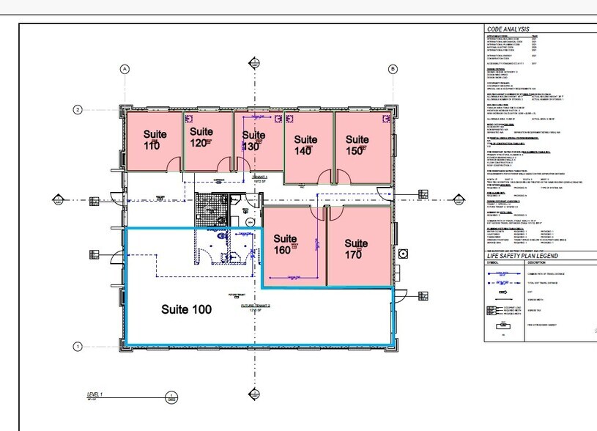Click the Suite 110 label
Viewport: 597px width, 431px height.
(x=155, y=140)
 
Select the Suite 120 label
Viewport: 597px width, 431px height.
(x=201, y=137)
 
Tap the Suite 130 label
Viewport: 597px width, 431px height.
(x=253, y=140)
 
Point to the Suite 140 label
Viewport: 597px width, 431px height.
(x=304, y=144)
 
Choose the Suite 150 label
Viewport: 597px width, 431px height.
(x=357, y=144)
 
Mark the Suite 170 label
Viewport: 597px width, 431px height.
(x=356, y=248)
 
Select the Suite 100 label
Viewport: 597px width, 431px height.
(x=186, y=309)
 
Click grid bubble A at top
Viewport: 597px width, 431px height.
(x=125, y=70)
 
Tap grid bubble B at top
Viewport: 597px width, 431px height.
(x=393, y=70)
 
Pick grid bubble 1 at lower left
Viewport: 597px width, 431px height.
(x=76, y=346)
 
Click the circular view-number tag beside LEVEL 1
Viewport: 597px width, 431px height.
(x=171, y=397)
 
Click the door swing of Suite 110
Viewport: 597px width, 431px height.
(x=173, y=163)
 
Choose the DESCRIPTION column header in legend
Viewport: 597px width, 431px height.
(x=540, y=262)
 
